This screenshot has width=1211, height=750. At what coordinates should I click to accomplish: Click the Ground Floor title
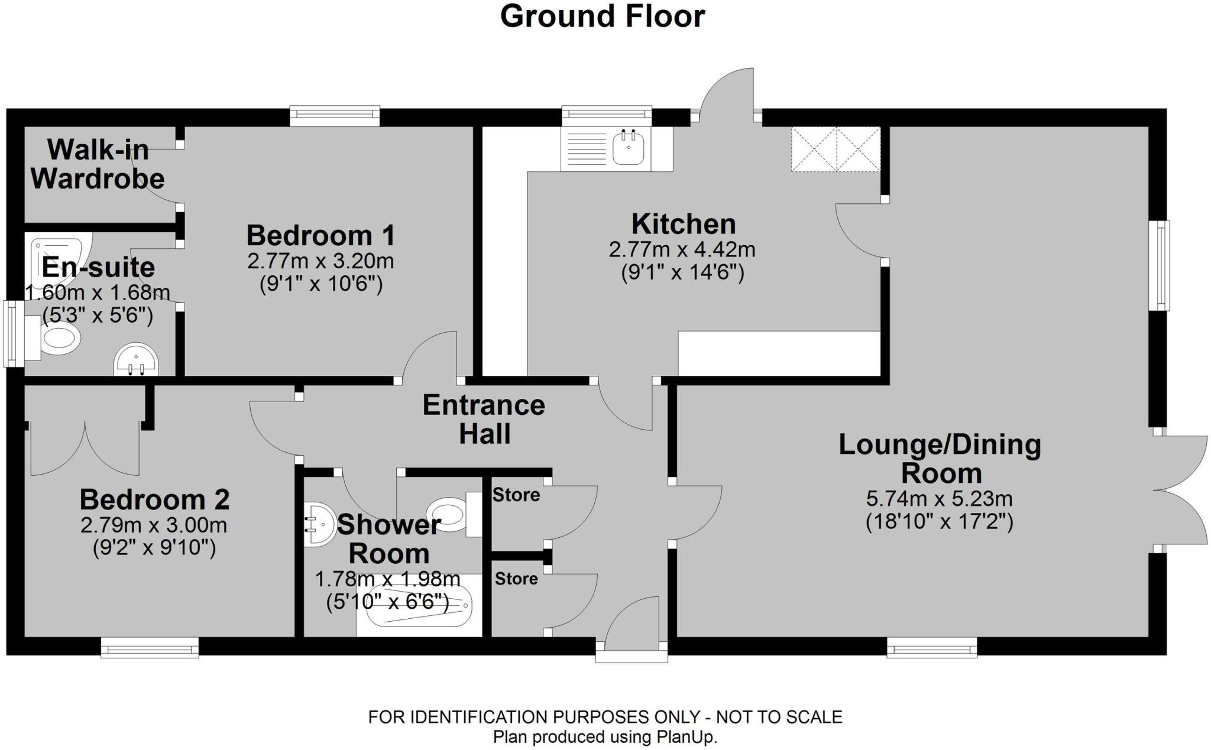click(x=602, y=17)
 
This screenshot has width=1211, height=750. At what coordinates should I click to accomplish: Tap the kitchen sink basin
click(x=628, y=148)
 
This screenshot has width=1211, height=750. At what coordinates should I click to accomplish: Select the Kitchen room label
click(x=683, y=224)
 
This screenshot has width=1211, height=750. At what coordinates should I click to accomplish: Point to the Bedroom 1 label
click(x=320, y=235)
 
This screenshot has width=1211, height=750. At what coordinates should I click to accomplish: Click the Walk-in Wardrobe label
click(x=98, y=164)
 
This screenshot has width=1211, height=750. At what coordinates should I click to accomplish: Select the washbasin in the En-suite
click(x=136, y=360)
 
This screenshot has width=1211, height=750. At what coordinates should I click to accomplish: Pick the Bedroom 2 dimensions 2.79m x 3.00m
click(x=154, y=525)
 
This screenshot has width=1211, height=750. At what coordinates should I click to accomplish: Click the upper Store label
click(x=516, y=495)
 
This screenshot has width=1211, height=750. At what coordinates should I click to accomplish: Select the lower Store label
click(x=516, y=579)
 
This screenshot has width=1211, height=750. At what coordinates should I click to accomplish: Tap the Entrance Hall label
click(x=484, y=419)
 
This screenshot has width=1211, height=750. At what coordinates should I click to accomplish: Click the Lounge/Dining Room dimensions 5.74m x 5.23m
click(x=939, y=499)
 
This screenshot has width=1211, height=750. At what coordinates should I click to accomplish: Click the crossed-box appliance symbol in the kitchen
click(x=836, y=149)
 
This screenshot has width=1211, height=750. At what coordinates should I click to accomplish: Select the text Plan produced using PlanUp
click(x=605, y=737)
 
